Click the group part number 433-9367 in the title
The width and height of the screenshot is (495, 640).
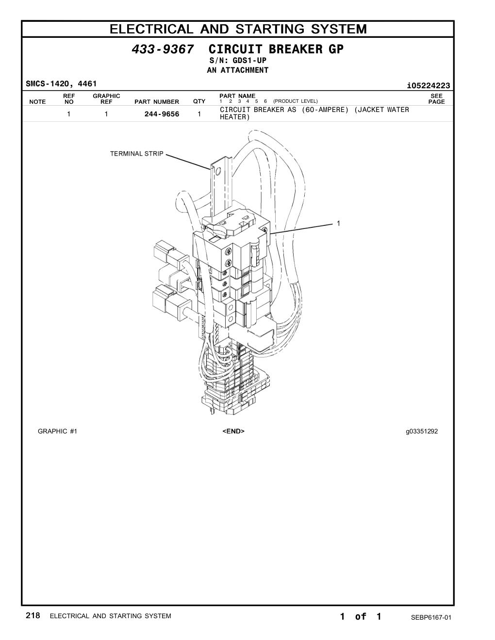tap(163, 49)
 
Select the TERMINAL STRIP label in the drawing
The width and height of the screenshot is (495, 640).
tap(136, 153)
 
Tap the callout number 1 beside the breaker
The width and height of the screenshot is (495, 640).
tap(338, 223)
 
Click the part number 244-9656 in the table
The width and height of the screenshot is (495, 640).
tap(162, 114)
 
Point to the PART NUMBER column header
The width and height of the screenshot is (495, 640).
tap(157, 102)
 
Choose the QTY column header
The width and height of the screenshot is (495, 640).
tap(199, 101)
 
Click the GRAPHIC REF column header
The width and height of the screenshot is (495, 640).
tap(106, 98)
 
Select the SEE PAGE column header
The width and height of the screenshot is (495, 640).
tap(436, 98)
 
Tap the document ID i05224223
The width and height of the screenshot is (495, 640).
tap(429, 86)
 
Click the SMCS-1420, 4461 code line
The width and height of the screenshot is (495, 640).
tap(61, 84)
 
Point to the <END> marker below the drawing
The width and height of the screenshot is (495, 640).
tap(233, 431)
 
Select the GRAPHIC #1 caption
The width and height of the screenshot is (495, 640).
tap(57, 431)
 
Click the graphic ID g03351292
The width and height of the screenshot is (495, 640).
tap(422, 432)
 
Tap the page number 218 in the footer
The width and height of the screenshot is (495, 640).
tap(33, 615)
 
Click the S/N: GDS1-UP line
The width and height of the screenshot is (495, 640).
tap(238, 61)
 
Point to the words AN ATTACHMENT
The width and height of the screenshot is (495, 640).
tap(238, 70)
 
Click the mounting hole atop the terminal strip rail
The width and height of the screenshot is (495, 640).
tap(218, 171)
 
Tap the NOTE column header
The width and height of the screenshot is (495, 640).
tap(37, 102)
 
